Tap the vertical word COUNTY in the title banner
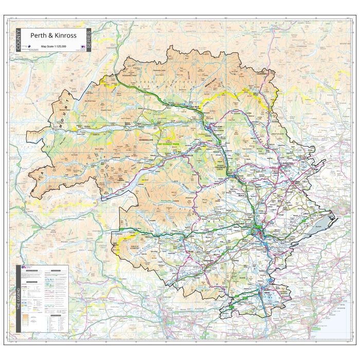click(19, 40)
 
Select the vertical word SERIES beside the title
click(88, 40)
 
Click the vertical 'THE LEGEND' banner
click(19, 298)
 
